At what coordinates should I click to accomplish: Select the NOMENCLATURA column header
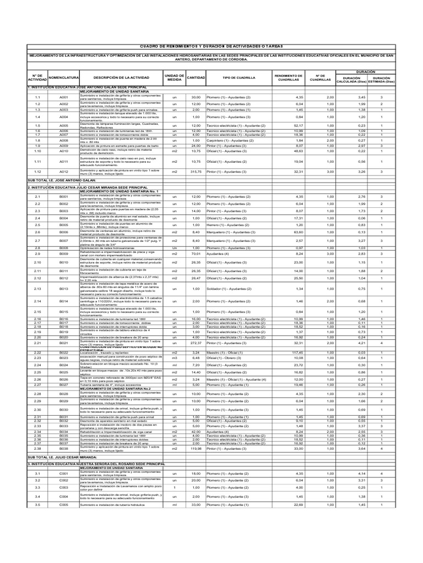(64, 78)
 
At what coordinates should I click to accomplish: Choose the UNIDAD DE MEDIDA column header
(174, 78)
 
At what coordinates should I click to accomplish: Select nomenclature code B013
(64, 289)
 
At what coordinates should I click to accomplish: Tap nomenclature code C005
(64, 520)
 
